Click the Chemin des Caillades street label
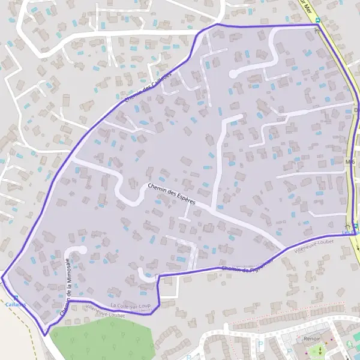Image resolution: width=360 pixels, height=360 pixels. (148, 87)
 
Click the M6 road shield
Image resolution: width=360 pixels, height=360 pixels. (350, 161)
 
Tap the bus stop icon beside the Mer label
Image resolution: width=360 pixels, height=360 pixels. (318, 19)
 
